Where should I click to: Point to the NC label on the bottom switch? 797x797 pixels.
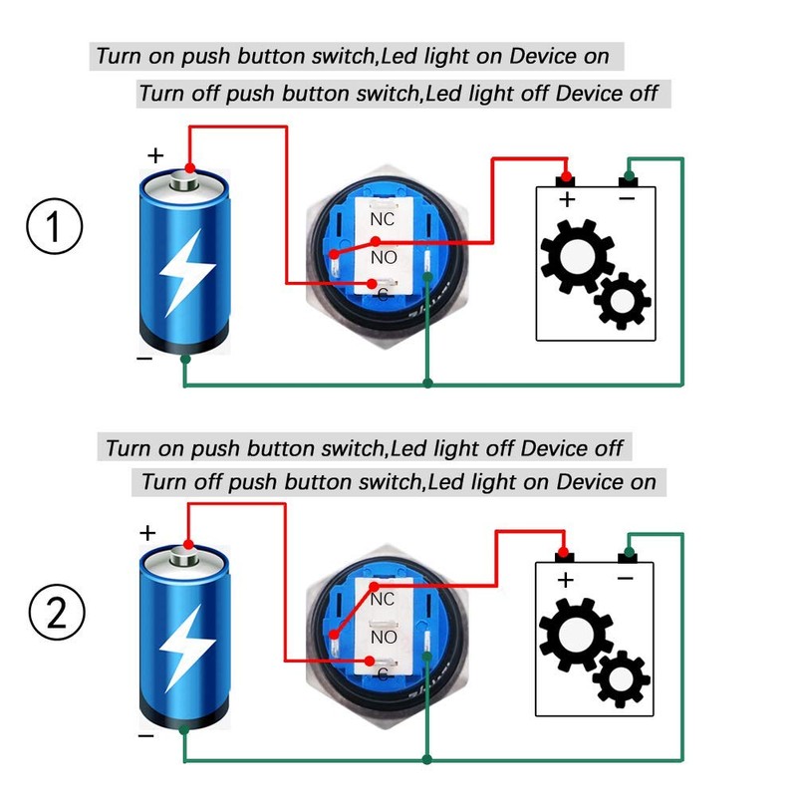[x=384, y=600]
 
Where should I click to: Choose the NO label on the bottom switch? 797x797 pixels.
[x=384, y=638]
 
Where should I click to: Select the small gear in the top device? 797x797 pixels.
[x=624, y=298]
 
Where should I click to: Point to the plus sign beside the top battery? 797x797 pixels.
[x=155, y=155]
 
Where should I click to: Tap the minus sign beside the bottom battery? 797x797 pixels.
[x=145, y=737]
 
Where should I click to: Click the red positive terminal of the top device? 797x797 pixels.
[x=566, y=178]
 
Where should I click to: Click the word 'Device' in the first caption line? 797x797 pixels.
[x=543, y=55]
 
